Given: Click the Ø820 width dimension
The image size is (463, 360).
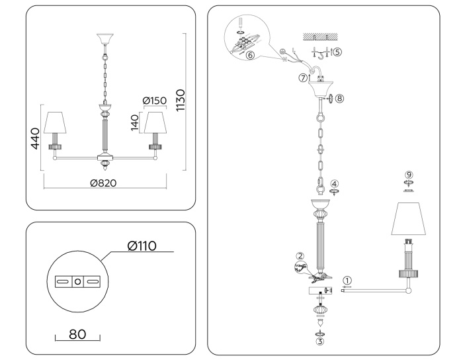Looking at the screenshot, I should (105, 183).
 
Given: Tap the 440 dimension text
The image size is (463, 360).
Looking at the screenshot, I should (36, 138).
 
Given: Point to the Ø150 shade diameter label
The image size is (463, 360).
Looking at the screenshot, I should (155, 101).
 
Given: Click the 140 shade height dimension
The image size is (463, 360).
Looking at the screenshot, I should (136, 124).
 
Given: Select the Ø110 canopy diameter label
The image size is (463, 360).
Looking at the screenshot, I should (142, 246).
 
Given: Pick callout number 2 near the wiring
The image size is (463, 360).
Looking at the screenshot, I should (300, 256).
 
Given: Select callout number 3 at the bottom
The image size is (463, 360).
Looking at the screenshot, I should (319, 342).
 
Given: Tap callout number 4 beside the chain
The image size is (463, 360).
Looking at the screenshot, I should (335, 184).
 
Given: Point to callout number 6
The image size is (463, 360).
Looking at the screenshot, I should (249, 56).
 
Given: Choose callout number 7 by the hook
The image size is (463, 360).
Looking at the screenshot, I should (304, 77).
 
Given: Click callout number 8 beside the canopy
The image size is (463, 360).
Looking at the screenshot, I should (339, 98).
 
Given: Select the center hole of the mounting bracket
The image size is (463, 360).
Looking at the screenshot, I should (78, 282).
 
